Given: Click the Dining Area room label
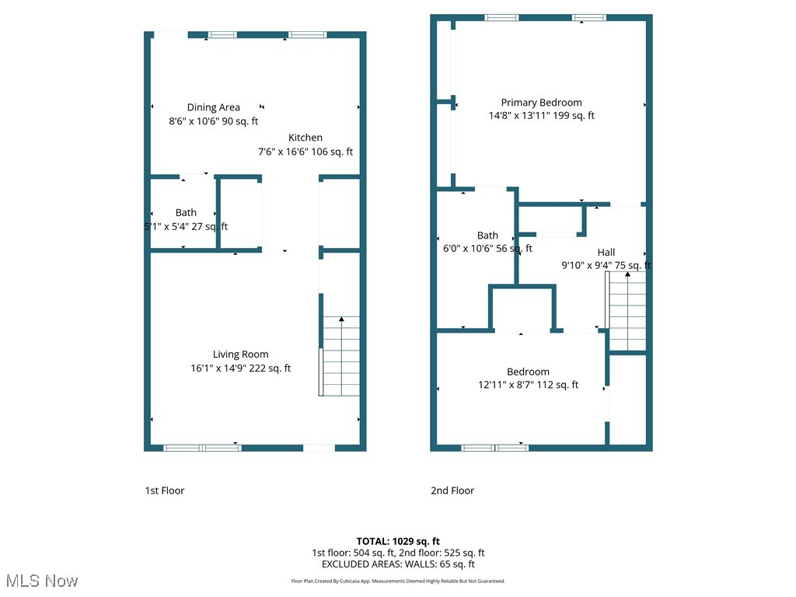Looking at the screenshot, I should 214,107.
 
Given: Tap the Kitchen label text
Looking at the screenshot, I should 305,138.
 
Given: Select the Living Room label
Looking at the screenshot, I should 241,354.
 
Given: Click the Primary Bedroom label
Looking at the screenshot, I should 541,103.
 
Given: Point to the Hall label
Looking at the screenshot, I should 606,253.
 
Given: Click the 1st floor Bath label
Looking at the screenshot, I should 186,212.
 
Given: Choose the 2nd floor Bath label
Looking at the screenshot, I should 487,236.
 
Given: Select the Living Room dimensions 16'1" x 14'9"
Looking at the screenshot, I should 241,368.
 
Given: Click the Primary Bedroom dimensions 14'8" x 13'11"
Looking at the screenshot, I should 541,116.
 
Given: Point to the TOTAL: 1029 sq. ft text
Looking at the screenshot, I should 398,541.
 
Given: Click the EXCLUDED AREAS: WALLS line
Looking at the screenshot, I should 398,564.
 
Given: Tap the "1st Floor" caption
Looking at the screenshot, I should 165,491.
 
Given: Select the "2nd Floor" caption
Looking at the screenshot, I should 452,491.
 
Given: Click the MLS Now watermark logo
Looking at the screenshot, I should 41,581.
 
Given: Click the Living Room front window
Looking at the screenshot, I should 202,448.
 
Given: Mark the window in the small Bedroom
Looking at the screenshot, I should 494,448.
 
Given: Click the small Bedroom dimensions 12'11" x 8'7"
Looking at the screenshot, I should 529,385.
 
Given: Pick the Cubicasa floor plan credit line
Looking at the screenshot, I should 398,581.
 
